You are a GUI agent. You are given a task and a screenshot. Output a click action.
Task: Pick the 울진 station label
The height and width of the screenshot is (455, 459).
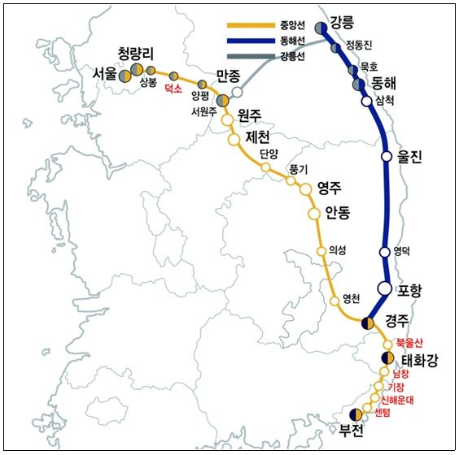(x=411, y=158)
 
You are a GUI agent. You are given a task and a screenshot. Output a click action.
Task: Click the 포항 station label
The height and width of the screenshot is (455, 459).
(x=410, y=290)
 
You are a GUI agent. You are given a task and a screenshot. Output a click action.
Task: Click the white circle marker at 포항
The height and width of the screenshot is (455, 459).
(x=387, y=288)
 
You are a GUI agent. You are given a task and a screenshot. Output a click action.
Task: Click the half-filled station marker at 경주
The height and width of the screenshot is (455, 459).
(x=369, y=323)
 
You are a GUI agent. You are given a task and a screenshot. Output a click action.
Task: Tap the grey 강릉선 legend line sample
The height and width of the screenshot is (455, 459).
(x=247, y=56)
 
